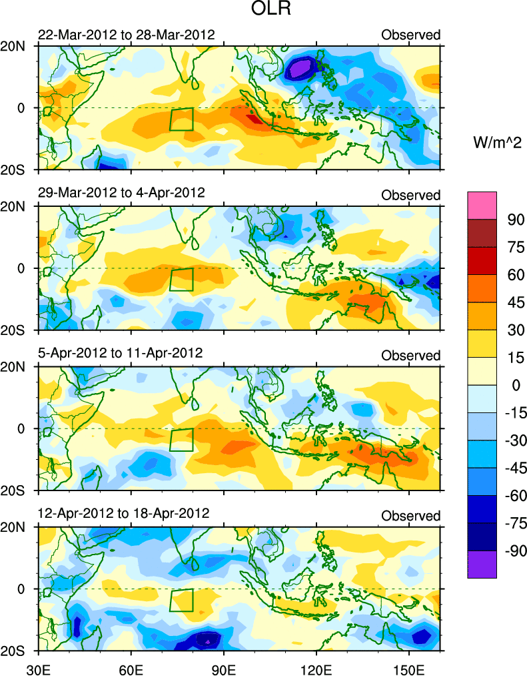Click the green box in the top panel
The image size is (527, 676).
pos(181,119)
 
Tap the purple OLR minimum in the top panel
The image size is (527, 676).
pos(301,68)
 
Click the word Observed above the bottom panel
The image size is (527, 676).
pos(411,516)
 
